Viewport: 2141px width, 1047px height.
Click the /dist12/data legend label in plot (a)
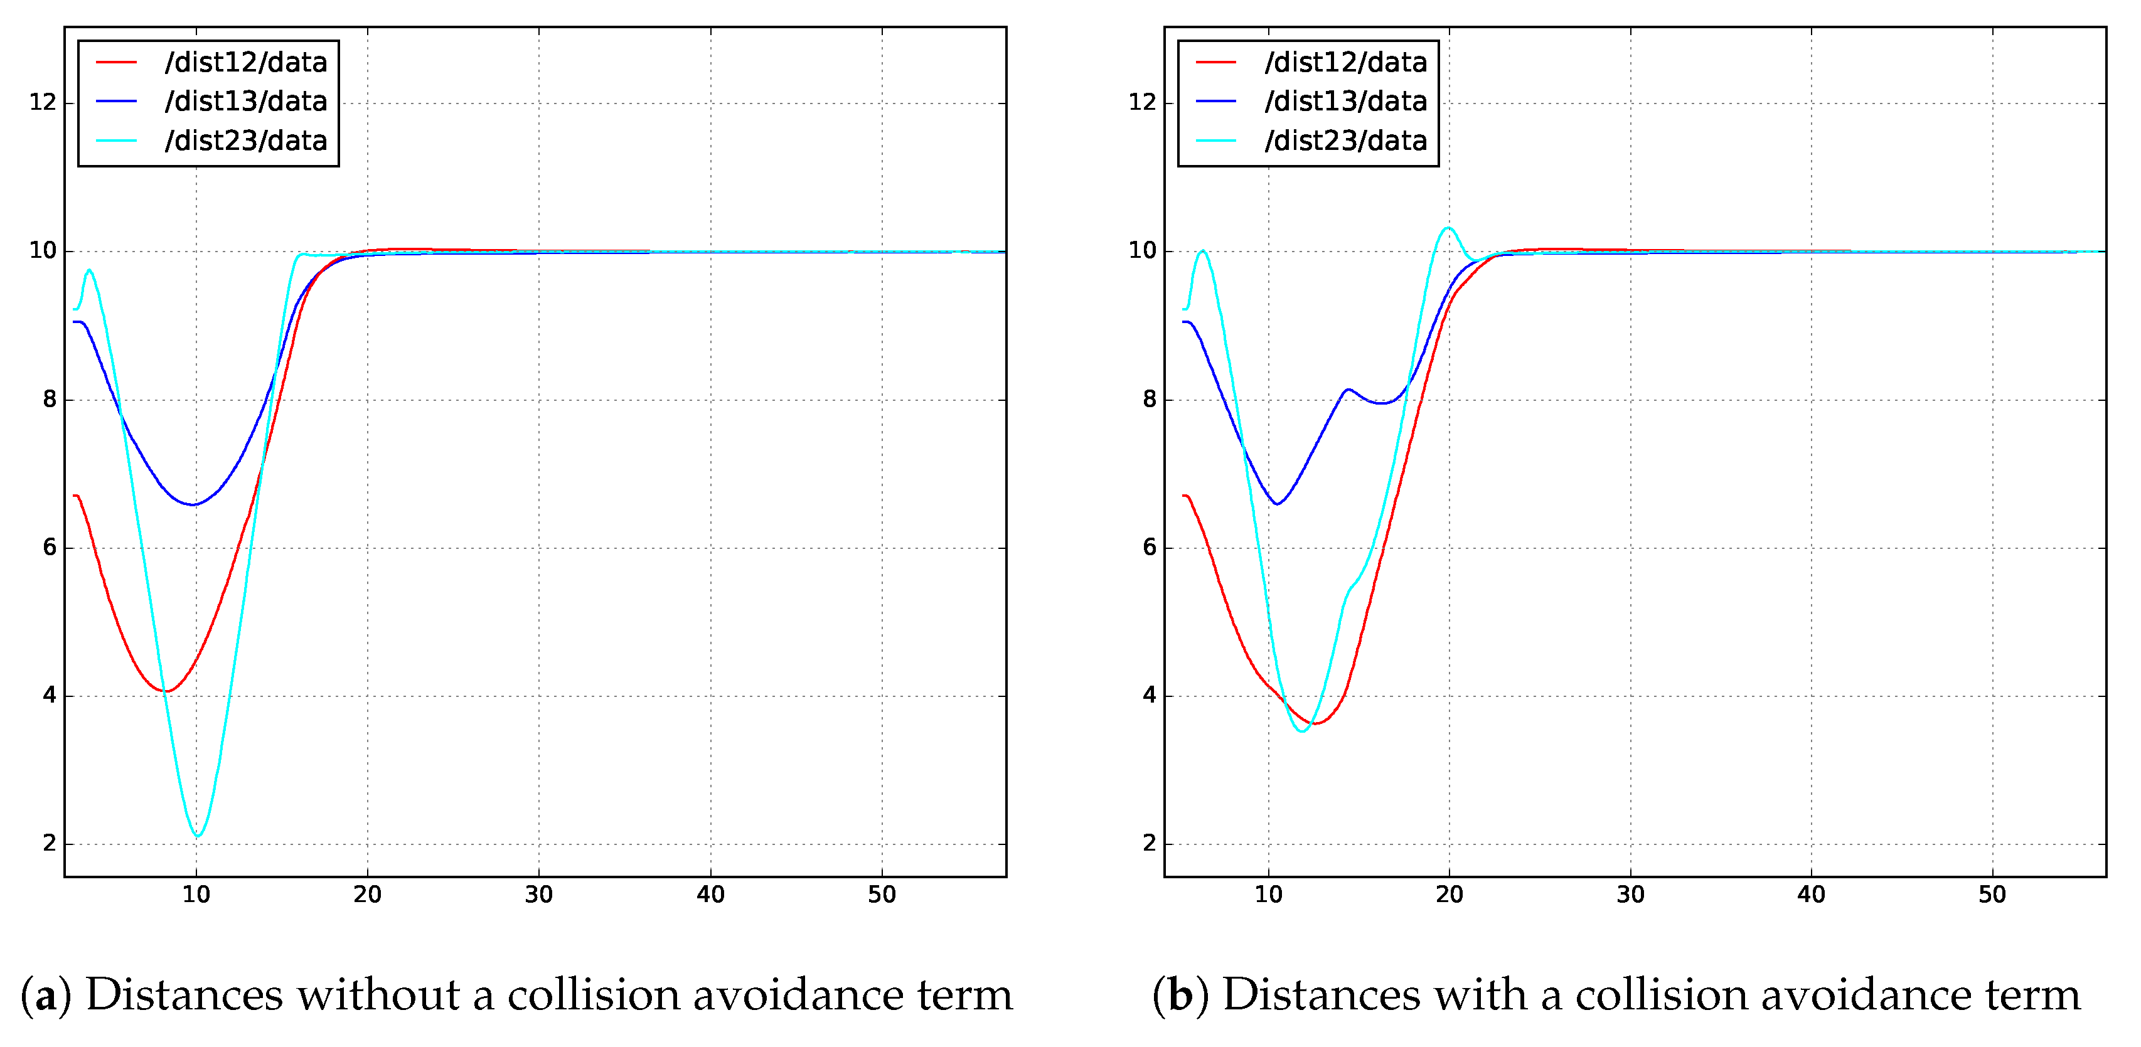(x=246, y=62)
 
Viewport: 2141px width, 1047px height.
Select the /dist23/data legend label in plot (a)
(x=246, y=141)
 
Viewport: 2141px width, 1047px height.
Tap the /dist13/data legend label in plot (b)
(x=1345, y=102)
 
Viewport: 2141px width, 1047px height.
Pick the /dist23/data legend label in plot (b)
(x=1345, y=141)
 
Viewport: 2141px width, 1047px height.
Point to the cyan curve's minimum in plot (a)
(x=197, y=835)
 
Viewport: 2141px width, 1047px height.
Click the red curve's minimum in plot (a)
(x=166, y=691)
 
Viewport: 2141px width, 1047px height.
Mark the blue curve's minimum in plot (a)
(x=193, y=504)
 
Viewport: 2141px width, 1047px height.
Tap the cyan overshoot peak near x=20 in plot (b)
(x=1448, y=228)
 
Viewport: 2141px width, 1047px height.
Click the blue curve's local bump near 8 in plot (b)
(x=1347, y=389)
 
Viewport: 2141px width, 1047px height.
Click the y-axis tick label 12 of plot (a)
(x=43, y=102)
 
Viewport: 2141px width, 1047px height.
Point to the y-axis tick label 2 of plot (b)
(x=1150, y=843)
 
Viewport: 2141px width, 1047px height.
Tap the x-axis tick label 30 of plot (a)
(x=538, y=895)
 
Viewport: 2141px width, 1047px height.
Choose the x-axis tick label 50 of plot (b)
(x=1992, y=895)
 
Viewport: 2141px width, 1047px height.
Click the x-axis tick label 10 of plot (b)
(x=1268, y=895)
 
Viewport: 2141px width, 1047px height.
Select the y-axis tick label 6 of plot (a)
(x=49, y=547)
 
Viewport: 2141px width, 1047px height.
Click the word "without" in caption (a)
(x=378, y=996)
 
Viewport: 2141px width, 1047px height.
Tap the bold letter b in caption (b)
(x=1180, y=996)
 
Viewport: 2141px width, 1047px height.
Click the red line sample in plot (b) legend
(x=1216, y=62)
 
